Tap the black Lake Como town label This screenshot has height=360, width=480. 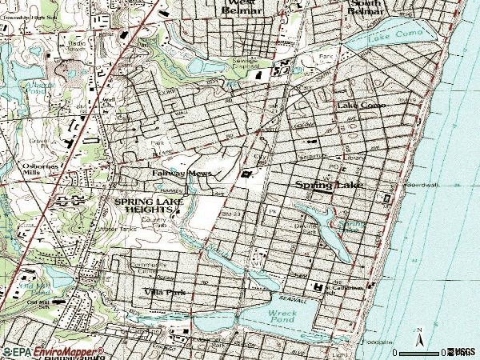(x=362, y=105)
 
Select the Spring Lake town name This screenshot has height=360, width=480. (x=330, y=185)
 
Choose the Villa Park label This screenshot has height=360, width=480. (x=165, y=294)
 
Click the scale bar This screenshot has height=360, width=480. (x=420, y=352)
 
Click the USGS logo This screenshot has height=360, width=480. (x=462, y=351)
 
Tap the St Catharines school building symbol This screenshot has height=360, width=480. (x=318, y=286)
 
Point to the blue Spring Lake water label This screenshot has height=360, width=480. (x=351, y=225)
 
